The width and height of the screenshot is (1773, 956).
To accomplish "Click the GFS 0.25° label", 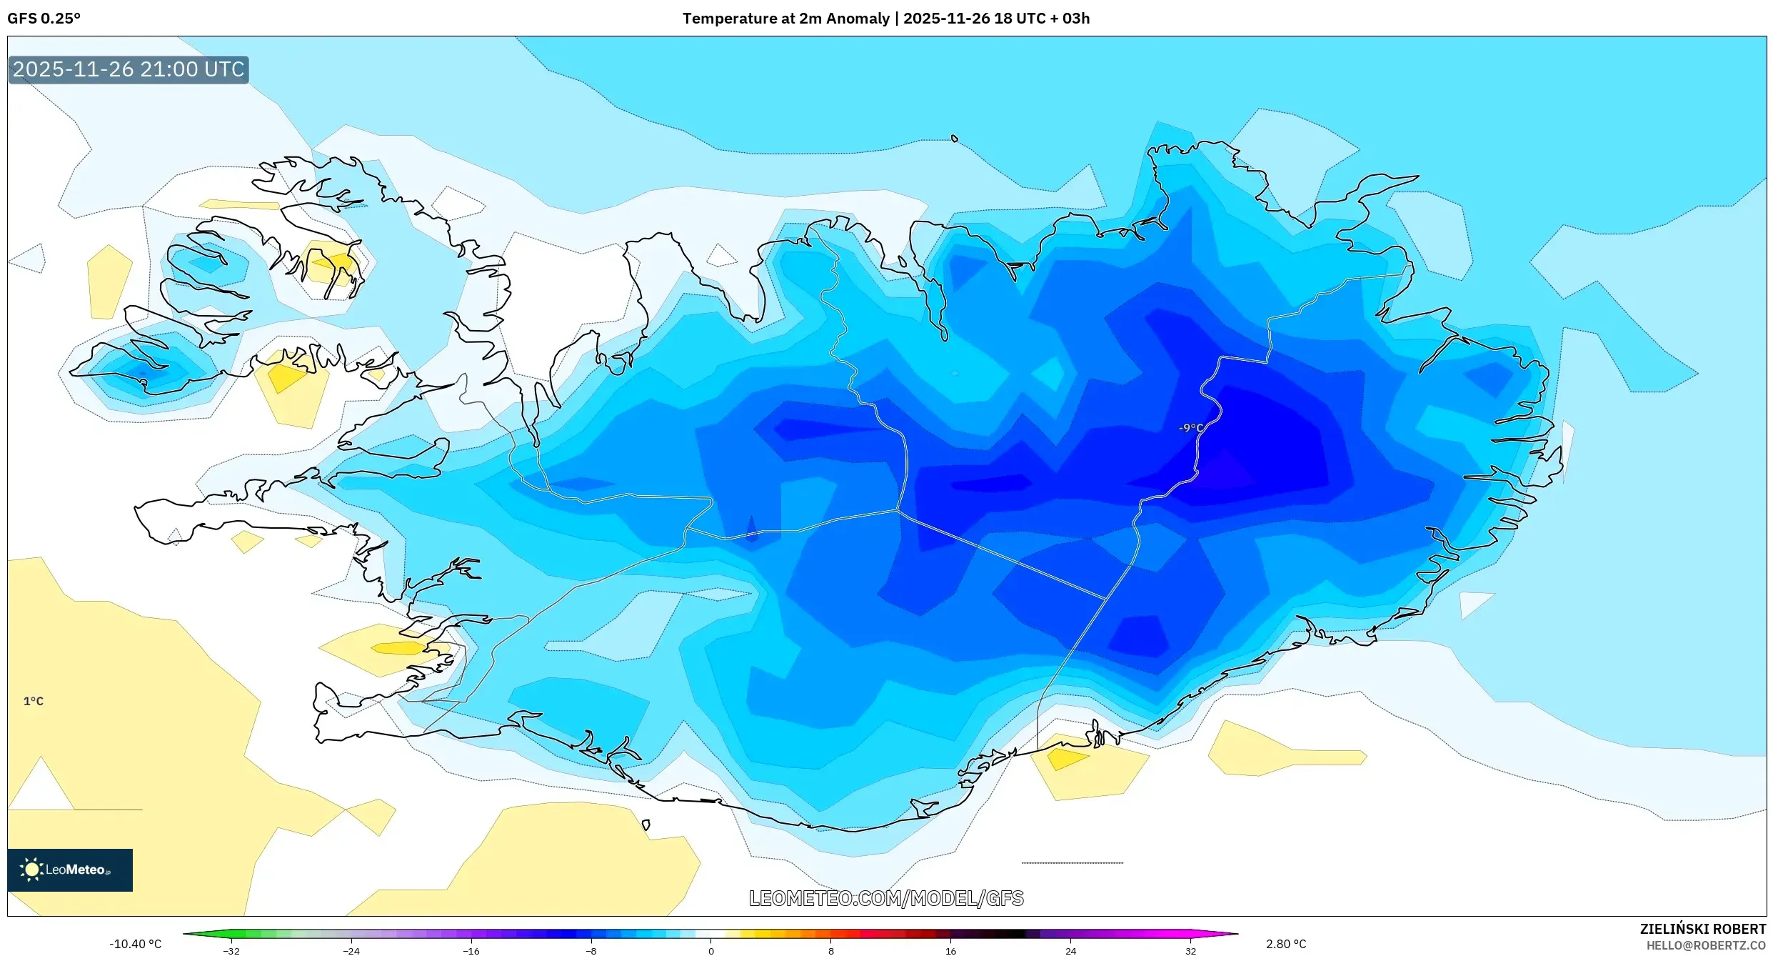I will [44, 19].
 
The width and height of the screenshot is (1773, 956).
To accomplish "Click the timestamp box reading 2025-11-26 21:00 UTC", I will [129, 69].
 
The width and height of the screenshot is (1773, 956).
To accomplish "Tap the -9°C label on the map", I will [1190, 427].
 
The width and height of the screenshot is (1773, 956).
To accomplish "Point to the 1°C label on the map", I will [34, 701].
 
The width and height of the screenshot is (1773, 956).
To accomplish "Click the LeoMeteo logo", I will [70, 870].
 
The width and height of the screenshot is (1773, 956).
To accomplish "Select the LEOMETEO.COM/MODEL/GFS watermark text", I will [886, 898].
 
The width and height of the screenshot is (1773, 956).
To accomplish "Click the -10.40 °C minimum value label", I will [135, 944].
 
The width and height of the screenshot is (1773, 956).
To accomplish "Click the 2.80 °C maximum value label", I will [1286, 944].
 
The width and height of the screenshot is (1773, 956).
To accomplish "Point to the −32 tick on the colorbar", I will [231, 950].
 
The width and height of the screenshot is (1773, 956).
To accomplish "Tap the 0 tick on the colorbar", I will [710, 950].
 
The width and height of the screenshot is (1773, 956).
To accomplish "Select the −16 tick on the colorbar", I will [471, 950].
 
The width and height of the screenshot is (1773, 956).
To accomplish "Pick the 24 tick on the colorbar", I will [1070, 950].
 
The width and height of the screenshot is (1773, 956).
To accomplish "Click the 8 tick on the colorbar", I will [830, 950].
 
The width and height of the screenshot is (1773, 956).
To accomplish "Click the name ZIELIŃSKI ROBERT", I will [1702, 929].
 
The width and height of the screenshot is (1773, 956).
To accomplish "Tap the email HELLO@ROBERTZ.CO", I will [1706, 945].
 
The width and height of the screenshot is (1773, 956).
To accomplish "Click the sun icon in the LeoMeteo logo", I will [31, 869].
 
